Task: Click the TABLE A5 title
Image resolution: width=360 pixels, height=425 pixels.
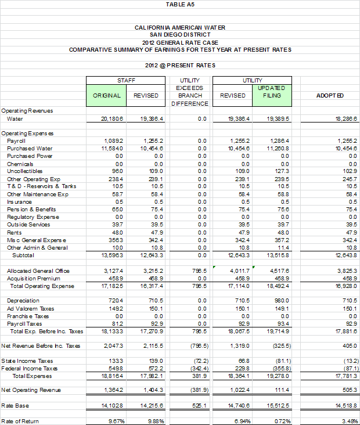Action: point(179,4)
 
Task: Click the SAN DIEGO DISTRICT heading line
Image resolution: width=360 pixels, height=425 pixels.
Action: point(179,35)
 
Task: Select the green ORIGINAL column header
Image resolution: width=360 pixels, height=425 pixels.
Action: point(107,95)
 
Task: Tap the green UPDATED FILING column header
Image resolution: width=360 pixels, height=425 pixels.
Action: point(272,92)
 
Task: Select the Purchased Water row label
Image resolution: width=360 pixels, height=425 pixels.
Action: point(27,149)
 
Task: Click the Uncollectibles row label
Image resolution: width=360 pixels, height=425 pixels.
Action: point(24,171)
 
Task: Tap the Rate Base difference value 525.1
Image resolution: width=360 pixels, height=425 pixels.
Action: point(198,405)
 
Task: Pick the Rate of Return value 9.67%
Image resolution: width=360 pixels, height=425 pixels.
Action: point(114,420)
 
